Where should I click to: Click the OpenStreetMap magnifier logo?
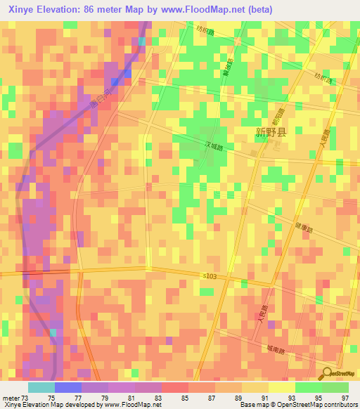pyautogui.click(x=327, y=374)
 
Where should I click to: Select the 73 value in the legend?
pyautogui.click(x=27, y=397)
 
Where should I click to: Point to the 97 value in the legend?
pyautogui.click(x=345, y=397)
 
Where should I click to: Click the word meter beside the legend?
pyautogui.click(x=11, y=397)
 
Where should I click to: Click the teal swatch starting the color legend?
pyautogui.click(x=41, y=387)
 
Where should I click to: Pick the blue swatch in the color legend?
pyautogui.click(x=68, y=387)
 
